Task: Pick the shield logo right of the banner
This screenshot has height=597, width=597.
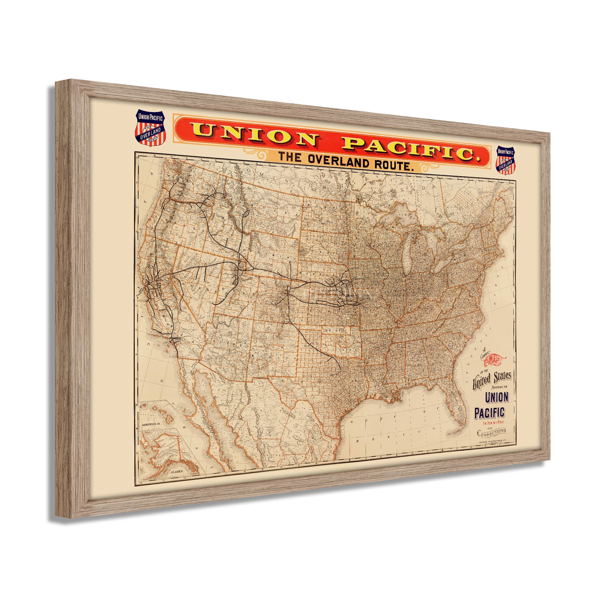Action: click(505, 159)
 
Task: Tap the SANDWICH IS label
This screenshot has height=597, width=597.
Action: click(153, 424)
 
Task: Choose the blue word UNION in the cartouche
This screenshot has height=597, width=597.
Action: click(496, 397)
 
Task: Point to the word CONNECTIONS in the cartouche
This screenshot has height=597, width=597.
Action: click(492, 432)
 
